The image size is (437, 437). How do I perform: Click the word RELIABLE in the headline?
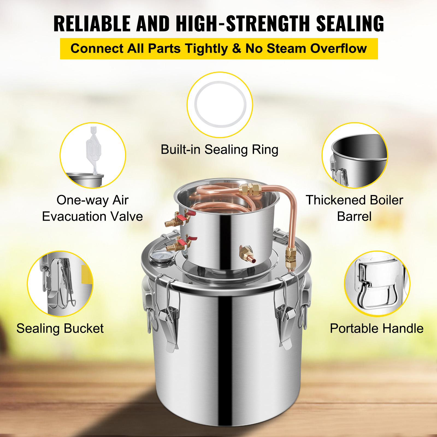pyautogui.click(x=92, y=24)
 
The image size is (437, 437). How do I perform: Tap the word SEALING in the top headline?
pyautogui.click(x=350, y=24)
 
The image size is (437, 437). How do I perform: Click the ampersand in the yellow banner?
pyautogui.click(x=236, y=49)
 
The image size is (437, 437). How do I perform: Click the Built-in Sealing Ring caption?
pyautogui.click(x=220, y=150)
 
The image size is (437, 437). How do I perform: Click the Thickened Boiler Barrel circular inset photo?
pyautogui.click(x=355, y=155)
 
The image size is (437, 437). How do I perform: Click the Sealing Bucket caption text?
pyautogui.click(x=60, y=329)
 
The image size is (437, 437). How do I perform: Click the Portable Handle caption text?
pyautogui.click(x=377, y=329)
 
